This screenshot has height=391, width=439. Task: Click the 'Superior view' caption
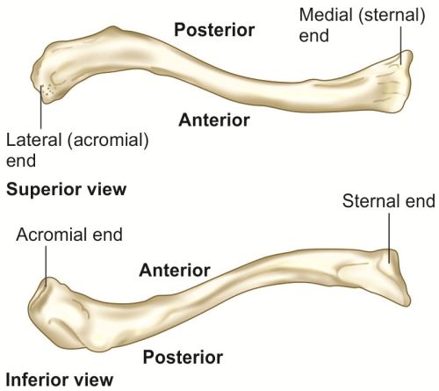(x=67, y=190)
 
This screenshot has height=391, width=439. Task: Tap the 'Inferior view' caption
(x=60, y=380)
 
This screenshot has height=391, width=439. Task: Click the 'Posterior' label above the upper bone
(x=214, y=30)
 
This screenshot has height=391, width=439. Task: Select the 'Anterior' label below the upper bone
(x=214, y=120)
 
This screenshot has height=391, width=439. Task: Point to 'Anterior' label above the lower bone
(x=175, y=270)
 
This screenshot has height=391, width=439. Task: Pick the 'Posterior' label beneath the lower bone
(x=183, y=357)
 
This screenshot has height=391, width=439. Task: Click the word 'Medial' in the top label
(x=326, y=15)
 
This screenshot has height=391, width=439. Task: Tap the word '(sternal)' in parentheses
(x=392, y=16)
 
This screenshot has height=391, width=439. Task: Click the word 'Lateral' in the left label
(x=33, y=140)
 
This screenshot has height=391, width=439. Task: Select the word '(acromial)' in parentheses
(x=108, y=141)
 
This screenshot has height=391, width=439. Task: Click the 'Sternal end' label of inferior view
(x=389, y=201)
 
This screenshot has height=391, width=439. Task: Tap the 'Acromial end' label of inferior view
(x=69, y=235)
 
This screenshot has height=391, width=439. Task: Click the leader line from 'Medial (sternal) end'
(x=401, y=45)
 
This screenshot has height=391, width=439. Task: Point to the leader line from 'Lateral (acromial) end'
(x=41, y=107)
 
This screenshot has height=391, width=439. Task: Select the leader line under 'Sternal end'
(x=389, y=238)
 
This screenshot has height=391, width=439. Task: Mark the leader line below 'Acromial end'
(x=46, y=266)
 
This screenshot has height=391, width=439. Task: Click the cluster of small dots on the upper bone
(x=48, y=90)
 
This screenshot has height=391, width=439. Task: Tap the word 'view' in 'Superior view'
(x=108, y=190)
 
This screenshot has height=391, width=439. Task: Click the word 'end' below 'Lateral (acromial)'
(x=21, y=161)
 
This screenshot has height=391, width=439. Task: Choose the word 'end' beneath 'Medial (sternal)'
(x=314, y=36)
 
